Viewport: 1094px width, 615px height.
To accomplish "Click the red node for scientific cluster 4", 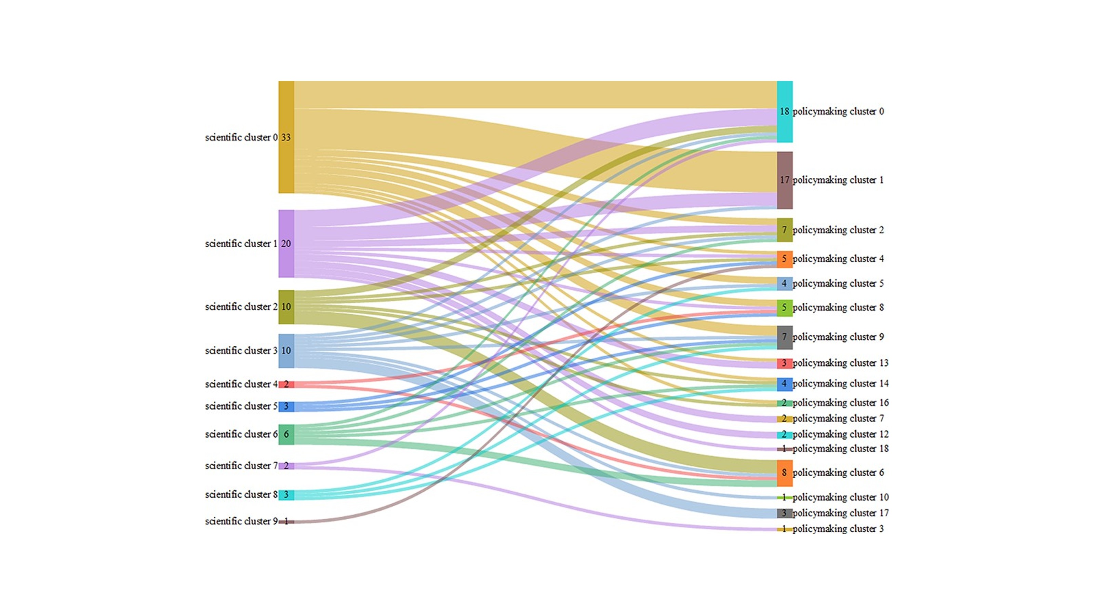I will (x=286, y=384).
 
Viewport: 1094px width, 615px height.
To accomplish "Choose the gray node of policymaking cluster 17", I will (x=784, y=513).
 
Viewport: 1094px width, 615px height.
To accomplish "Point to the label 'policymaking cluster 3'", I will (x=838, y=529).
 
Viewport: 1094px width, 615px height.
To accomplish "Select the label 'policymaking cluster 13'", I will (x=840, y=363).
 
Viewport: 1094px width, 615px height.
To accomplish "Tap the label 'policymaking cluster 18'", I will (x=840, y=449).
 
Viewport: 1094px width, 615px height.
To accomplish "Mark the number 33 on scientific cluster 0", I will (x=286, y=137).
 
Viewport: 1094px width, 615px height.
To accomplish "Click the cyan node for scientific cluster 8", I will (x=286, y=495).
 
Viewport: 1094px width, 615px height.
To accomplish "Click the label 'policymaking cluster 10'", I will (x=840, y=497).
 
